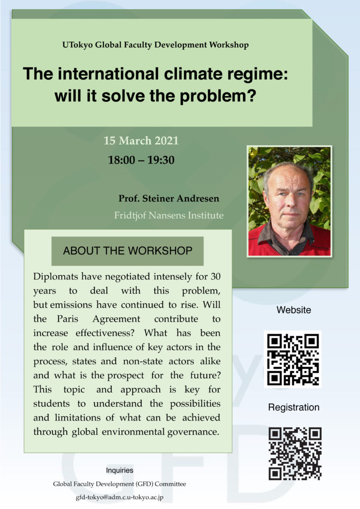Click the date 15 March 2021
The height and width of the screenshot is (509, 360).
(141, 141)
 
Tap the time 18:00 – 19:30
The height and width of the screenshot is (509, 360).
(141, 160)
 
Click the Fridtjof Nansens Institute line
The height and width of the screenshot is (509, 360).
(169, 215)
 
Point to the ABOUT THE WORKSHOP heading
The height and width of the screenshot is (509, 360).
(128, 251)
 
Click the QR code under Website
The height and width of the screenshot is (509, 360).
(293, 359)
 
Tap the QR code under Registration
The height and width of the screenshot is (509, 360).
(295, 453)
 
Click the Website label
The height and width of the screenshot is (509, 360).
(293, 310)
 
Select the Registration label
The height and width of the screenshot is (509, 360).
(293, 408)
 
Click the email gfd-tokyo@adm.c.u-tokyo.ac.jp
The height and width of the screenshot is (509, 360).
(119, 497)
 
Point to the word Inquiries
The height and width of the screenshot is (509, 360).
(119, 470)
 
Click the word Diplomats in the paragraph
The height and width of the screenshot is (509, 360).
(56, 276)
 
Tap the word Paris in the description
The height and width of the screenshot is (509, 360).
(68, 319)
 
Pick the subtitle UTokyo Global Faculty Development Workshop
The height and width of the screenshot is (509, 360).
(156, 45)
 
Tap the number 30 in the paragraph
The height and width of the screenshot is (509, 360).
(215, 276)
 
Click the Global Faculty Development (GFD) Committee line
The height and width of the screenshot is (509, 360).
(119, 484)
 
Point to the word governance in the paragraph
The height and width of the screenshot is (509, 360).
(193, 432)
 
